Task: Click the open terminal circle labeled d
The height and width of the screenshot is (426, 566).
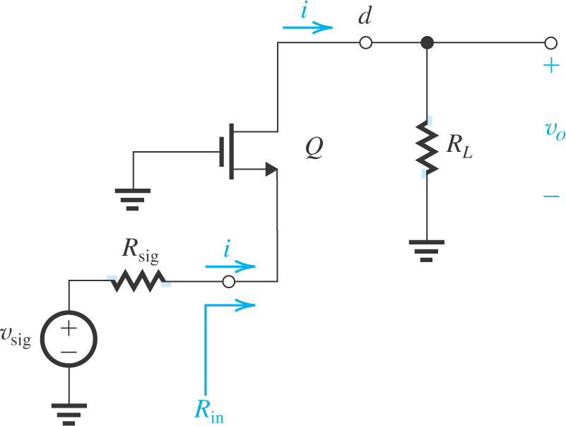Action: click(365, 43)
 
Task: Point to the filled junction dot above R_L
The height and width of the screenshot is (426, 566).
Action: click(426, 43)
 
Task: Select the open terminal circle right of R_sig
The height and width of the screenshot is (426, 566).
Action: click(228, 282)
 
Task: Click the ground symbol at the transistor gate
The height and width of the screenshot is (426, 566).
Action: click(131, 199)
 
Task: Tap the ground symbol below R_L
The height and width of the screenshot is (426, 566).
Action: click(426, 251)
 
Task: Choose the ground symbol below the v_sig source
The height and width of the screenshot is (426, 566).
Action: click(69, 413)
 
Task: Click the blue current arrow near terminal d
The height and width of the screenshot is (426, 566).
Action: click(307, 28)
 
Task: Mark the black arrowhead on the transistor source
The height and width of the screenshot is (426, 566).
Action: click(270, 169)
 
